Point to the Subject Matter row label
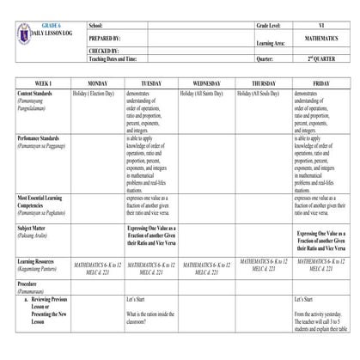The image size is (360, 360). (x=34, y=228)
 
